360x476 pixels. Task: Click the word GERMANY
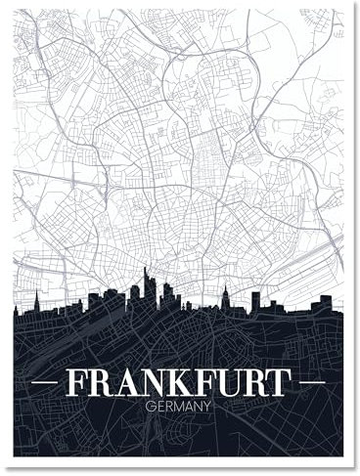click(x=177, y=405)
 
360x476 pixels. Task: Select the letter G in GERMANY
click(x=148, y=405)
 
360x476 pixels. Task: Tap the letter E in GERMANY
click(x=157, y=405)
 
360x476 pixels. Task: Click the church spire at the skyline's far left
click(x=37, y=299)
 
